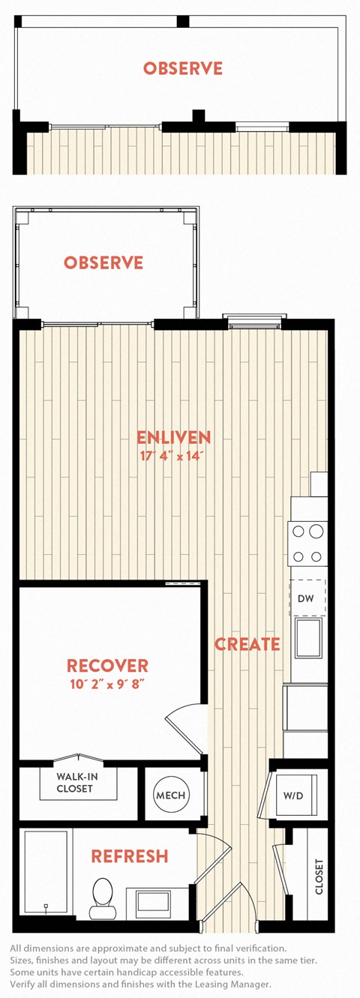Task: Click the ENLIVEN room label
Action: coord(173,438)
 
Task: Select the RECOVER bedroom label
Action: coord(107,666)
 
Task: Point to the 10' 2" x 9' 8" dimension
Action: coord(108,684)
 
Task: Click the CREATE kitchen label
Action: coord(247,644)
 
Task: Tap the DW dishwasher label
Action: coord(306,598)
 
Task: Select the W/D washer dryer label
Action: coord(293,796)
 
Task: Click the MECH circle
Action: coord(171,795)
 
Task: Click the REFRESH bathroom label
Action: coord(130,856)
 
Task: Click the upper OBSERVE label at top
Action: coord(183,69)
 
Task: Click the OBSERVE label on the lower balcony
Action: coord(103,262)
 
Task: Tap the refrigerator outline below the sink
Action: coord(306,709)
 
